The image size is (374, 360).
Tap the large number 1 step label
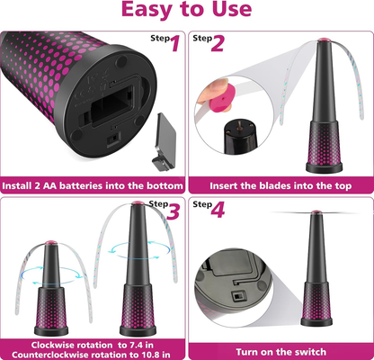click(175, 43)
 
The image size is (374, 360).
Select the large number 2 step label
click(218, 43)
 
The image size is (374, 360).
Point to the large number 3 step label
click(173, 211)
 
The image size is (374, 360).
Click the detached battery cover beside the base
click(165, 141)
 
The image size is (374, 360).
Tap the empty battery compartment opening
click(111, 105)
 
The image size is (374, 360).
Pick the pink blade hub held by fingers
click(221, 98)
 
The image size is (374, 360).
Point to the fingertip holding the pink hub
click(212, 88)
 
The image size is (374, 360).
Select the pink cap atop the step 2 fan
click(323, 40)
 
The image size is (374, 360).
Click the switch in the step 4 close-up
click(237, 297)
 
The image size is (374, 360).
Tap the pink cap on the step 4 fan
click(315, 212)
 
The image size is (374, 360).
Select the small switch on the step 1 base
click(112, 139)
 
